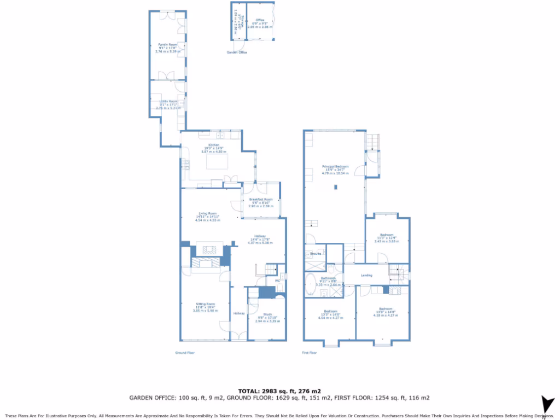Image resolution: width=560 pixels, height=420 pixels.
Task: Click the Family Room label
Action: coord(168,44)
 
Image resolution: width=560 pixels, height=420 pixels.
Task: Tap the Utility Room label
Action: coord(168,101)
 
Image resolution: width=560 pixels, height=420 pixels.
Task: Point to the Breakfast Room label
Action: coord(260,200)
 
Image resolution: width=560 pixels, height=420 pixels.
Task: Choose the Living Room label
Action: coord(207,213)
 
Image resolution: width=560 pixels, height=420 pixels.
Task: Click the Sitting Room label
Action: coord(206,304)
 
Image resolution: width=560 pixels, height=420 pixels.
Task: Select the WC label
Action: coord(277,281)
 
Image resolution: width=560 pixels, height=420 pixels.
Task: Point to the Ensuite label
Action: coord(316,254)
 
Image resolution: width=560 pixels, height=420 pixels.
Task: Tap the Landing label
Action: coord(366,275)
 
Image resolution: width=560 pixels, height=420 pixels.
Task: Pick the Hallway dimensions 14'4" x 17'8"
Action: coord(260,240)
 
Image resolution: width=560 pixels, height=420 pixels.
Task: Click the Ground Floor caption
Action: coord(185,353)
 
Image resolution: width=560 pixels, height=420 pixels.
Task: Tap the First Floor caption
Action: coord(310,353)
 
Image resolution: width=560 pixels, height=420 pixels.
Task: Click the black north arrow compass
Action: coord(546,404)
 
